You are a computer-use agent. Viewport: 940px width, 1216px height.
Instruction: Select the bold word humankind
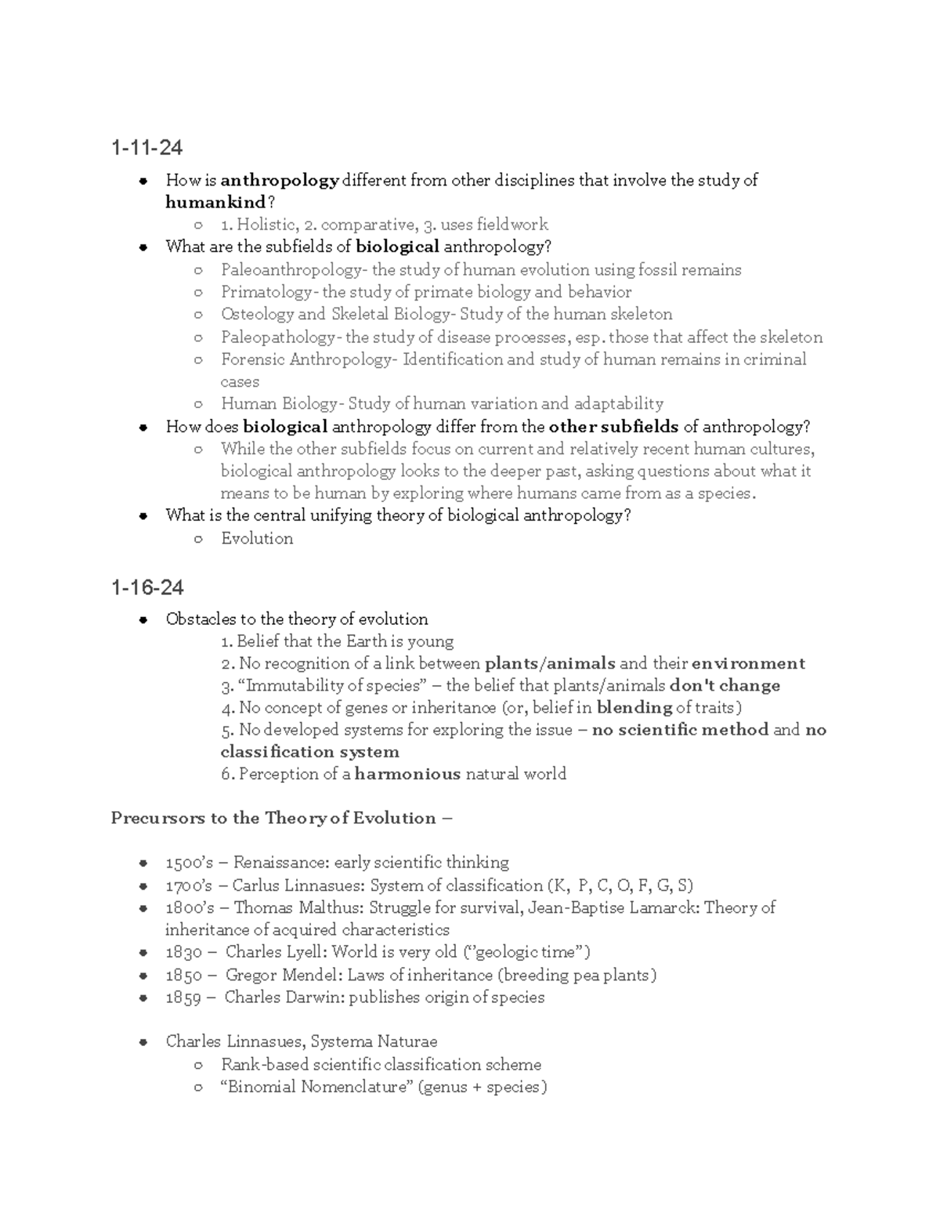point(215,203)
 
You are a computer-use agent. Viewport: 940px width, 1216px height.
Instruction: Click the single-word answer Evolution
point(257,539)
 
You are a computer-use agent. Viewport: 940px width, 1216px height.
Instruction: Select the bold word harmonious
point(407,774)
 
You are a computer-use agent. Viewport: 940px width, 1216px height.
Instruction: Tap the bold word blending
point(634,708)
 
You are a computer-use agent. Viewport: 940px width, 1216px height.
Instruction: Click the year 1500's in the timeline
point(189,863)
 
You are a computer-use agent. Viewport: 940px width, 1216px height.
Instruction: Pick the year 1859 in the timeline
point(184,998)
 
